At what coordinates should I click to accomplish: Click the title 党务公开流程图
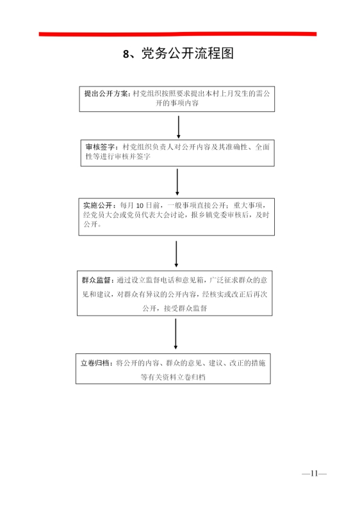pos(188,54)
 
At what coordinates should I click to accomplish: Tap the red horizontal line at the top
pos(177,34)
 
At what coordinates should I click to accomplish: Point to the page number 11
pos(314,474)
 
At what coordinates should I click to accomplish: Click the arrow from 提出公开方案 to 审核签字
pos(178,127)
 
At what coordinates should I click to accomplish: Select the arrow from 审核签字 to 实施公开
pos(177,182)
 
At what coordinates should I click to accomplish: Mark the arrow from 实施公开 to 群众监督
pos(176,254)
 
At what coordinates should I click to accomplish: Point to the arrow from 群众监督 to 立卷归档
pos(176,334)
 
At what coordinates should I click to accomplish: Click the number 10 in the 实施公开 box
pos(140,206)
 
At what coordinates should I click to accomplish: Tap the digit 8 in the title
pos(126,54)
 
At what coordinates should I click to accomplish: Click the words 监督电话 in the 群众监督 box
pos(161,280)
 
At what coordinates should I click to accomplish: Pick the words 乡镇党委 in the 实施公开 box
pos(212,215)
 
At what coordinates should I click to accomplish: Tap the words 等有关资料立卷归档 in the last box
pos(173,377)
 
